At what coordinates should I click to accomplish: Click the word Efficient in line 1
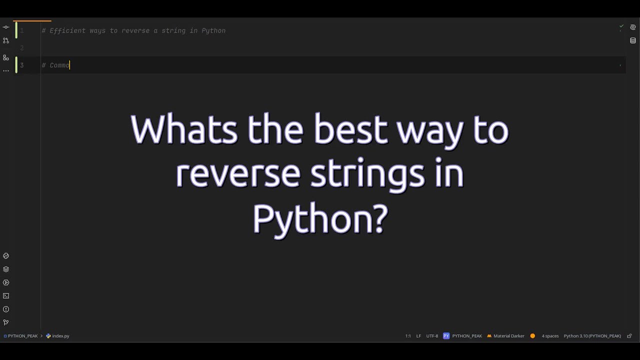click(67, 31)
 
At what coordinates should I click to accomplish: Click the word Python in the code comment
click(213, 31)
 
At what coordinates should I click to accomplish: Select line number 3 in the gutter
click(22, 65)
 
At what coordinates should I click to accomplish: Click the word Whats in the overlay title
click(183, 129)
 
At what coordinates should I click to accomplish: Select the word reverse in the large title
click(238, 173)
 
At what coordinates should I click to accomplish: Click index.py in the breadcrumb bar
click(60, 336)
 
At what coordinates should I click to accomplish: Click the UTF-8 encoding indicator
click(432, 336)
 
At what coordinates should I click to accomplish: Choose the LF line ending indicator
click(418, 336)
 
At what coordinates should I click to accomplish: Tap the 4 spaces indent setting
click(550, 336)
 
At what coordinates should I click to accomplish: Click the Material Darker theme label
click(509, 336)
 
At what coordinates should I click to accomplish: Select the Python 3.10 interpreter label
click(592, 336)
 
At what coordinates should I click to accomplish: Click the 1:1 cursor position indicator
click(408, 336)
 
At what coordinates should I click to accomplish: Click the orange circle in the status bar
click(532, 336)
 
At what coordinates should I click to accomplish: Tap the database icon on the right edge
click(633, 40)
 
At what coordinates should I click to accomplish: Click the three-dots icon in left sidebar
click(6, 70)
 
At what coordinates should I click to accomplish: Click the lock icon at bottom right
click(629, 336)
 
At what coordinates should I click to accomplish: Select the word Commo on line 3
click(59, 65)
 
